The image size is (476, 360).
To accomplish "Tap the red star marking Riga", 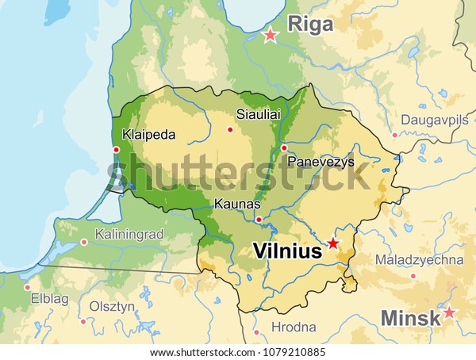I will coord(271,35).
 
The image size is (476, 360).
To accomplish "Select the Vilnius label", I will coord(286,251).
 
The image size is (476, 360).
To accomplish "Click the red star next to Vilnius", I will coord(333,243).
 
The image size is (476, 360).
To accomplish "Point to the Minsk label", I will coord(410,318).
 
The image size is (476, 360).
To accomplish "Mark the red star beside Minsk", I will coord(449,312).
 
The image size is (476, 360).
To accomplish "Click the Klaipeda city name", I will coord(149,134).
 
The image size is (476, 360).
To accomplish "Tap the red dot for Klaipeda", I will coord(117,149).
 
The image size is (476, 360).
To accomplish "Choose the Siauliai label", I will coord(259,114).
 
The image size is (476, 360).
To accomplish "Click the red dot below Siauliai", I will coord(230,130).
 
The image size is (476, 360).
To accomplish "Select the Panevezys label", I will coord(321,162).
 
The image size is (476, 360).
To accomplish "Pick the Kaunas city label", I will coord(238,205).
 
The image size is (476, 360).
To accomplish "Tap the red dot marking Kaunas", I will coord(259,219).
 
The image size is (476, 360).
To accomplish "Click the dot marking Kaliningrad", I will coord(85,242).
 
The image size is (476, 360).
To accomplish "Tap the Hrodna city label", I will coord(294,327).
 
